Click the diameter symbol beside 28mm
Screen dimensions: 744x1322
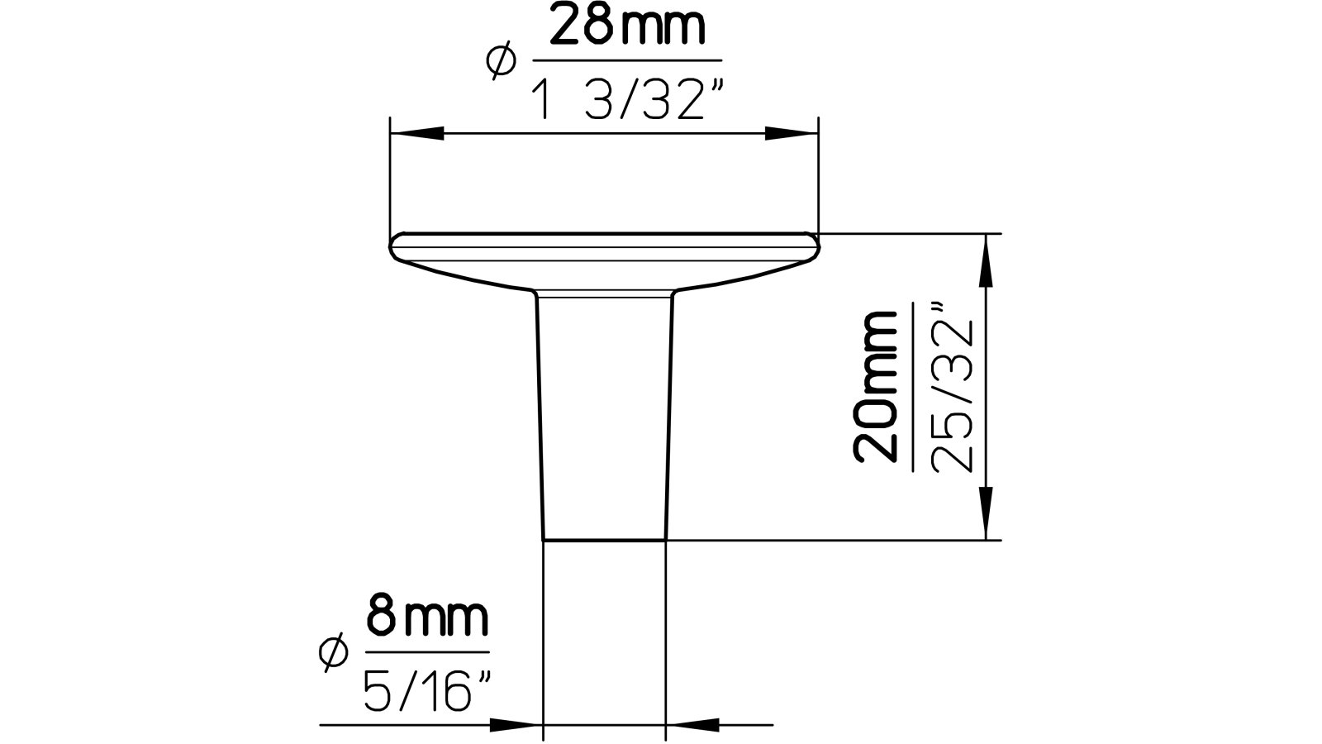point(502,63)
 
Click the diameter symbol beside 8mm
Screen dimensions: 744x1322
point(332,652)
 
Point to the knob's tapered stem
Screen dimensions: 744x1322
point(604,413)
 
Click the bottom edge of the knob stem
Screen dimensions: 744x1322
point(604,541)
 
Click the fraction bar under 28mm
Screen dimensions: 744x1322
point(627,60)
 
